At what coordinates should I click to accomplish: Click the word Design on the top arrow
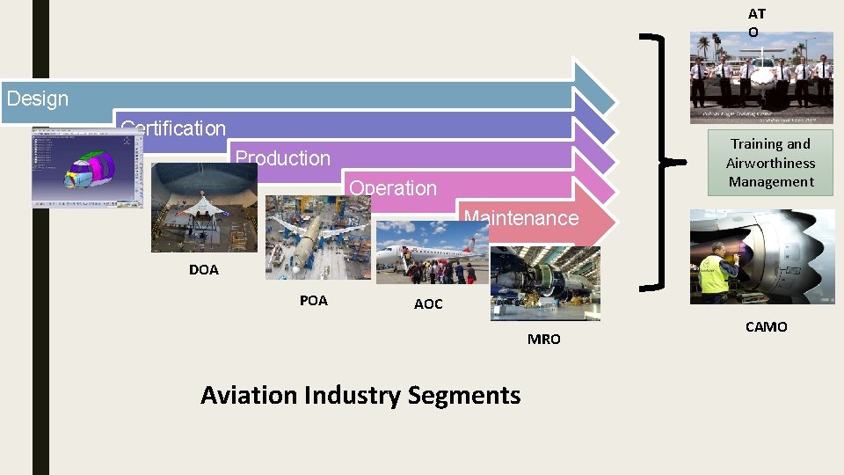[37, 99]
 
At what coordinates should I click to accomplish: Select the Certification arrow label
[173, 128]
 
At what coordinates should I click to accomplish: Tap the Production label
[282, 158]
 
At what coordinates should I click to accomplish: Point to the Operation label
[393, 188]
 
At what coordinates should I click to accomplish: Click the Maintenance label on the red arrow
[521, 218]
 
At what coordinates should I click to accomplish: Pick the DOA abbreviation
[203, 270]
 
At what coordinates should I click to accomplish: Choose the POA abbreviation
[313, 301]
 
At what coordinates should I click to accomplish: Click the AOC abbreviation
[428, 304]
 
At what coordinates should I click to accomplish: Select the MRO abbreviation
[543, 340]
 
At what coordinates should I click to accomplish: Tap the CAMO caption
[766, 327]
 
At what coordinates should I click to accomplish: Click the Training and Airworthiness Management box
[770, 163]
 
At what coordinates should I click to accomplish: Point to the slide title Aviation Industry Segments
[360, 396]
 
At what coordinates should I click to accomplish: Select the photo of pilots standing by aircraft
[761, 77]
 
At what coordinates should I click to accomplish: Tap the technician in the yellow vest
[716, 275]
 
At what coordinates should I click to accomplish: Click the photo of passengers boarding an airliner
[431, 252]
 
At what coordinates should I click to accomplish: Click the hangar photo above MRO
[545, 283]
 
